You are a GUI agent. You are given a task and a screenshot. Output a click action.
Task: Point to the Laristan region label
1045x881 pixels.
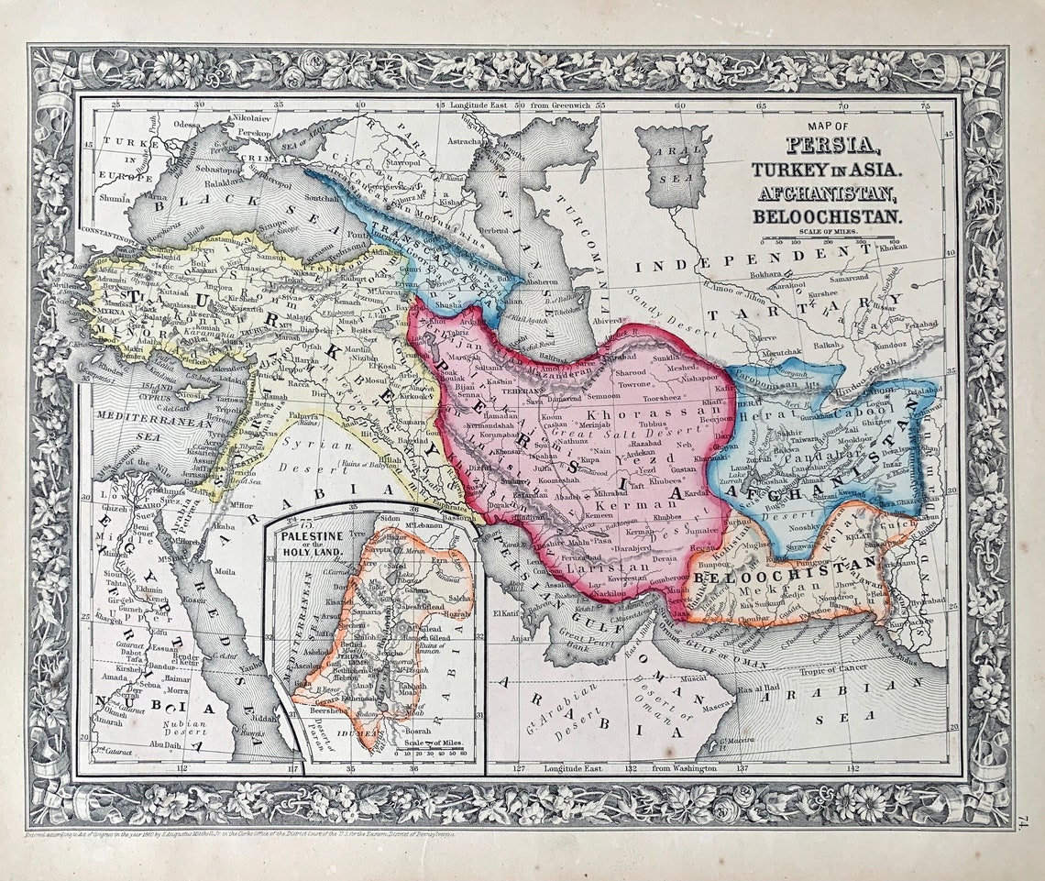point(609,567)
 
